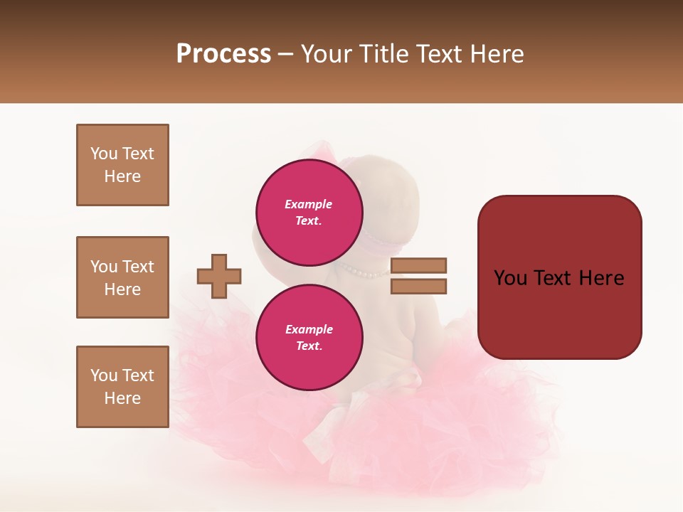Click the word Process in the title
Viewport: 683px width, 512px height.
coord(223,54)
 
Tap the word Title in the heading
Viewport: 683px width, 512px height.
coord(383,54)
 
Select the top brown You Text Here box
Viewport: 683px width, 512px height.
coord(122,165)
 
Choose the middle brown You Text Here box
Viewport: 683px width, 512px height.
coord(122,277)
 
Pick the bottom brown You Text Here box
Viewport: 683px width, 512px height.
coord(122,387)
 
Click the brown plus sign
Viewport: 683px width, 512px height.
coord(219,277)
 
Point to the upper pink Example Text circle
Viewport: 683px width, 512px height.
coord(309,212)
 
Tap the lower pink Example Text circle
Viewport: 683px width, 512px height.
coord(309,337)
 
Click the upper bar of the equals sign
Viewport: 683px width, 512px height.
coord(419,265)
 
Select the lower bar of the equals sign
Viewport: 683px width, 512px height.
coord(419,287)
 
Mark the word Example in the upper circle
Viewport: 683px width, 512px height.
coord(309,204)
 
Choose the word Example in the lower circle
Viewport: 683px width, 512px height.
coord(309,329)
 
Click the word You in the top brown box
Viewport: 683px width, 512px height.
coord(104,154)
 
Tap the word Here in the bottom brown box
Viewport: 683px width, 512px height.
coord(122,398)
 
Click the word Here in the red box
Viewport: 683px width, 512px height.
coord(601,278)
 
